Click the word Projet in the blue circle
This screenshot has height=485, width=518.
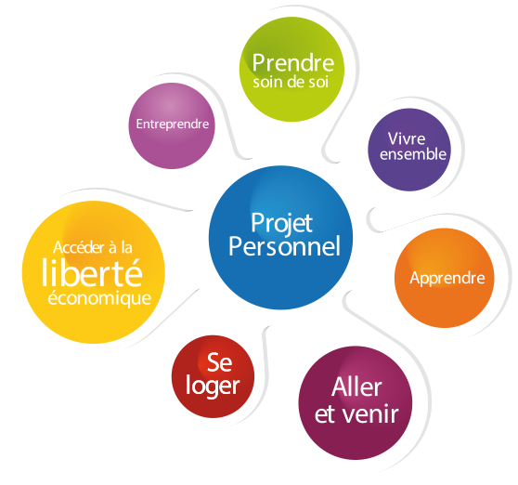pyautogui.click(x=282, y=224)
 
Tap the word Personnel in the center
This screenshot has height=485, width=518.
pyautogui.click(x=284, y=246)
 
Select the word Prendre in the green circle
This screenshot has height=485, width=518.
pyautogui.click(x=293, y=62)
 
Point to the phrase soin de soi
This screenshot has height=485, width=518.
pyautogui.click(x=291, y=82)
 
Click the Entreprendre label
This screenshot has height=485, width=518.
pyautogui.click(x=173, y=124)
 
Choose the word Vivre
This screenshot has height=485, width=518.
pyautogui.click(x=407, y=138)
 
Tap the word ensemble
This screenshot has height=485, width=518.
pyautogui.click(x=413, y=154)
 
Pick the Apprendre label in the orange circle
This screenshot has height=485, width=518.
pyautogui.click(x=447, y=279)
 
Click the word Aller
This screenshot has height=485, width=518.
pyautogui.click(x=356, y=387)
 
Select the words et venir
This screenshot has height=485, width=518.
pyautogui.click(x=356, y=413)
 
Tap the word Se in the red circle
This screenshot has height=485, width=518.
pyautogui.click(x=220, y=362)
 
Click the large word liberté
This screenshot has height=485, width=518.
pyautogui.click(x=92, y=273)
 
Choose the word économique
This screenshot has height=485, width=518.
pyautogui.click(x=99, y=298)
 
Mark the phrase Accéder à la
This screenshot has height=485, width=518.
pyautogui.click(x=93, y=248)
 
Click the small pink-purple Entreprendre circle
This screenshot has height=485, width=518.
pyautogui.click(x=172, y=126)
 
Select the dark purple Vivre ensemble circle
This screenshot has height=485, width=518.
pyautogui.click(x=409, y=150)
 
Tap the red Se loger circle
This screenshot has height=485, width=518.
pyautogui.click(x=214, y=376)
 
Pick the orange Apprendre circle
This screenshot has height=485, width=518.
pyautogui.click(x=445, y=278)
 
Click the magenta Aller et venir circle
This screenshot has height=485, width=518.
pyautogui.click(x=356, y=403)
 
